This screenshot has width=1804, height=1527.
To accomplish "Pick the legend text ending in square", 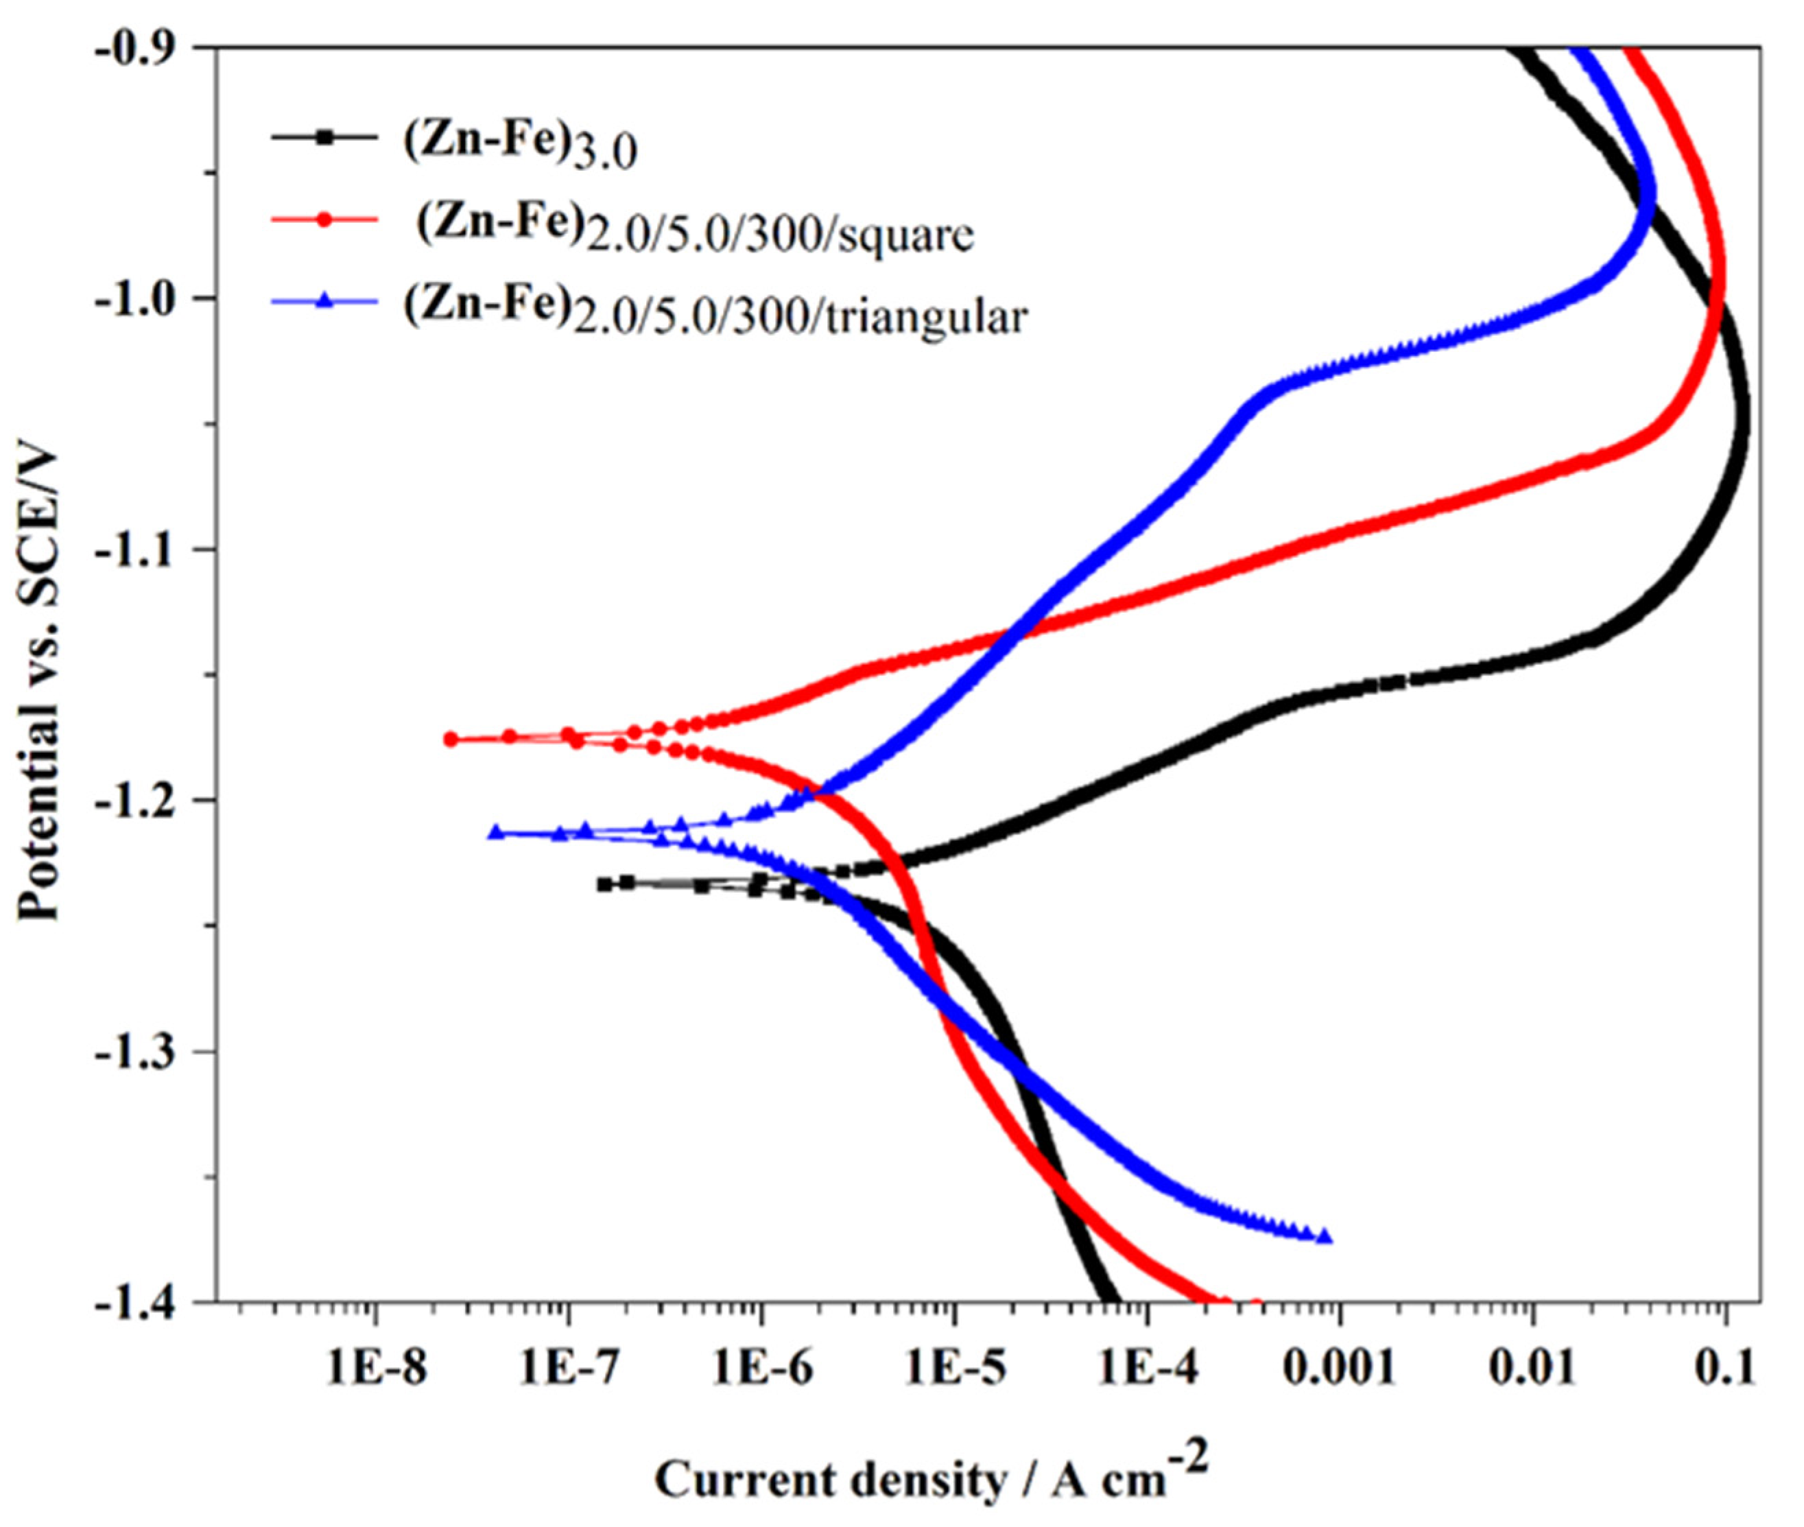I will [695, 229].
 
